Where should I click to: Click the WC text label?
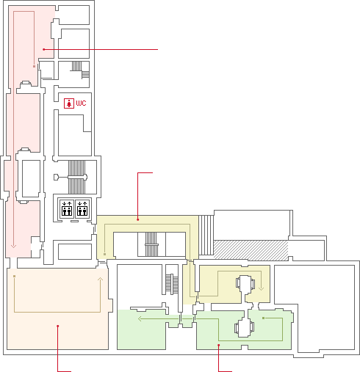(x=81, y=103)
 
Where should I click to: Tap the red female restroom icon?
(x=69, y=103)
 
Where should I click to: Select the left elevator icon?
(x=67, y=208)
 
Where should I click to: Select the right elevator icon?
(x=82, y=208)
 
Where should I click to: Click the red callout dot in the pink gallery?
(x=44, y=49)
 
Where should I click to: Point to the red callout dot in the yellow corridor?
(x=138, y=219)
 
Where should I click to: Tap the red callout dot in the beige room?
(x=58, y=326)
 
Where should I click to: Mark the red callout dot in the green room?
(x=219, y=345)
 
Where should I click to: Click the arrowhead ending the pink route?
(x=14, y=246)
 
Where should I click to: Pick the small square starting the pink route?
(x=34, y=66)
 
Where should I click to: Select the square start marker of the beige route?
(x=15, y=277)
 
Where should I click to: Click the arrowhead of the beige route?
(x=100, y=279)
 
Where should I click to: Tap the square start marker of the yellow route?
(x=104, y=255)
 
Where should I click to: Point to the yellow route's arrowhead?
(x=261, y=288)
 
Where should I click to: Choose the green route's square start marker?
(x=263, y=318)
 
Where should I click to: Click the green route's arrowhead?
(x=140, y=318)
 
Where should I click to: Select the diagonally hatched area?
(x=251, y=250)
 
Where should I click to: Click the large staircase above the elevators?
(x=76, y=177)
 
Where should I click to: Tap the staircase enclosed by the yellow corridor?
(x=151, y=244)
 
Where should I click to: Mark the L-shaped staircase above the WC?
(x=81, y=70)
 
